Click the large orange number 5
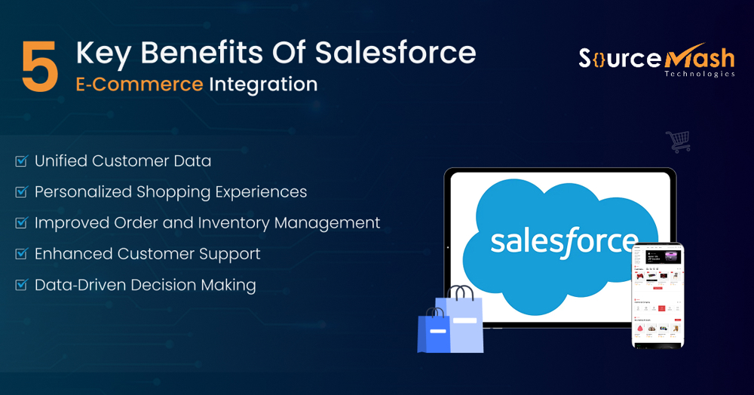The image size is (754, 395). tap(40, 68)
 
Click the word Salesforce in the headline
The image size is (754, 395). tap(396, 54)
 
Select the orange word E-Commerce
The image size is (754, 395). tap(139, 84)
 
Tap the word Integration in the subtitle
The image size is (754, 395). tap(263, 84)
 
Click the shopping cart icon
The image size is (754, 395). tap(678, 141)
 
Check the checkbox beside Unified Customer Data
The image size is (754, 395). tap(21, 161)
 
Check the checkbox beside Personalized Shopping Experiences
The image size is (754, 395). tap(21, 192)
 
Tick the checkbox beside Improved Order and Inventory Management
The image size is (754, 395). tap(21, 223)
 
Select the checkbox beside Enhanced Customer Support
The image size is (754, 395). tap(21, 254)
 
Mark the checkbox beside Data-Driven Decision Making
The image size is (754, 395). tap(21, 286)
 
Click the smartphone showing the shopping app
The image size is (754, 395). tap(657, 295)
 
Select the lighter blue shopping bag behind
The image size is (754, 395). tap(465, 320)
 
